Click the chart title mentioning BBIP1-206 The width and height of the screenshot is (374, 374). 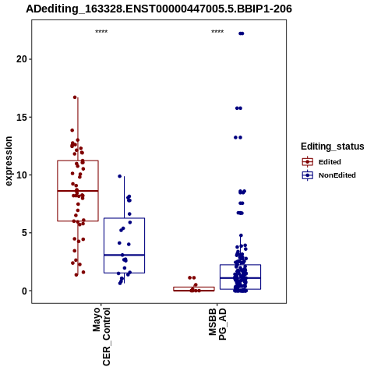159,9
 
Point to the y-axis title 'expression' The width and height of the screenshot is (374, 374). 9,161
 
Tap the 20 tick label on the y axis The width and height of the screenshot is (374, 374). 22,59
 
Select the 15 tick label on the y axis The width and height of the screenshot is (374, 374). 22,117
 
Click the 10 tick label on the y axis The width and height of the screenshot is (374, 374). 22,175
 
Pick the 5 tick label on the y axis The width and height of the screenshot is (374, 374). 24,233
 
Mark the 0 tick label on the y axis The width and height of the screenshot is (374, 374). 24,291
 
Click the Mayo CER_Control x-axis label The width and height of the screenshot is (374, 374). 101,337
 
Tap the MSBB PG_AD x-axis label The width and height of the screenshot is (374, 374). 217,324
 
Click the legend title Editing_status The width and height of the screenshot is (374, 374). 333,146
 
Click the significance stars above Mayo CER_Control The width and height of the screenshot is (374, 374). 101,32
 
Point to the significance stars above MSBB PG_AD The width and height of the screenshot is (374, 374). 217,32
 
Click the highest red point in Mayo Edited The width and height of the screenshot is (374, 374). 75,97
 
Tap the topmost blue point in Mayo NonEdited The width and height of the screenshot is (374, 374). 120,176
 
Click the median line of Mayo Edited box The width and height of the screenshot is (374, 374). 78,191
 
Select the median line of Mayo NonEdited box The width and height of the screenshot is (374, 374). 124,255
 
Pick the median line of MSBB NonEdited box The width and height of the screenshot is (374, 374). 240,278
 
